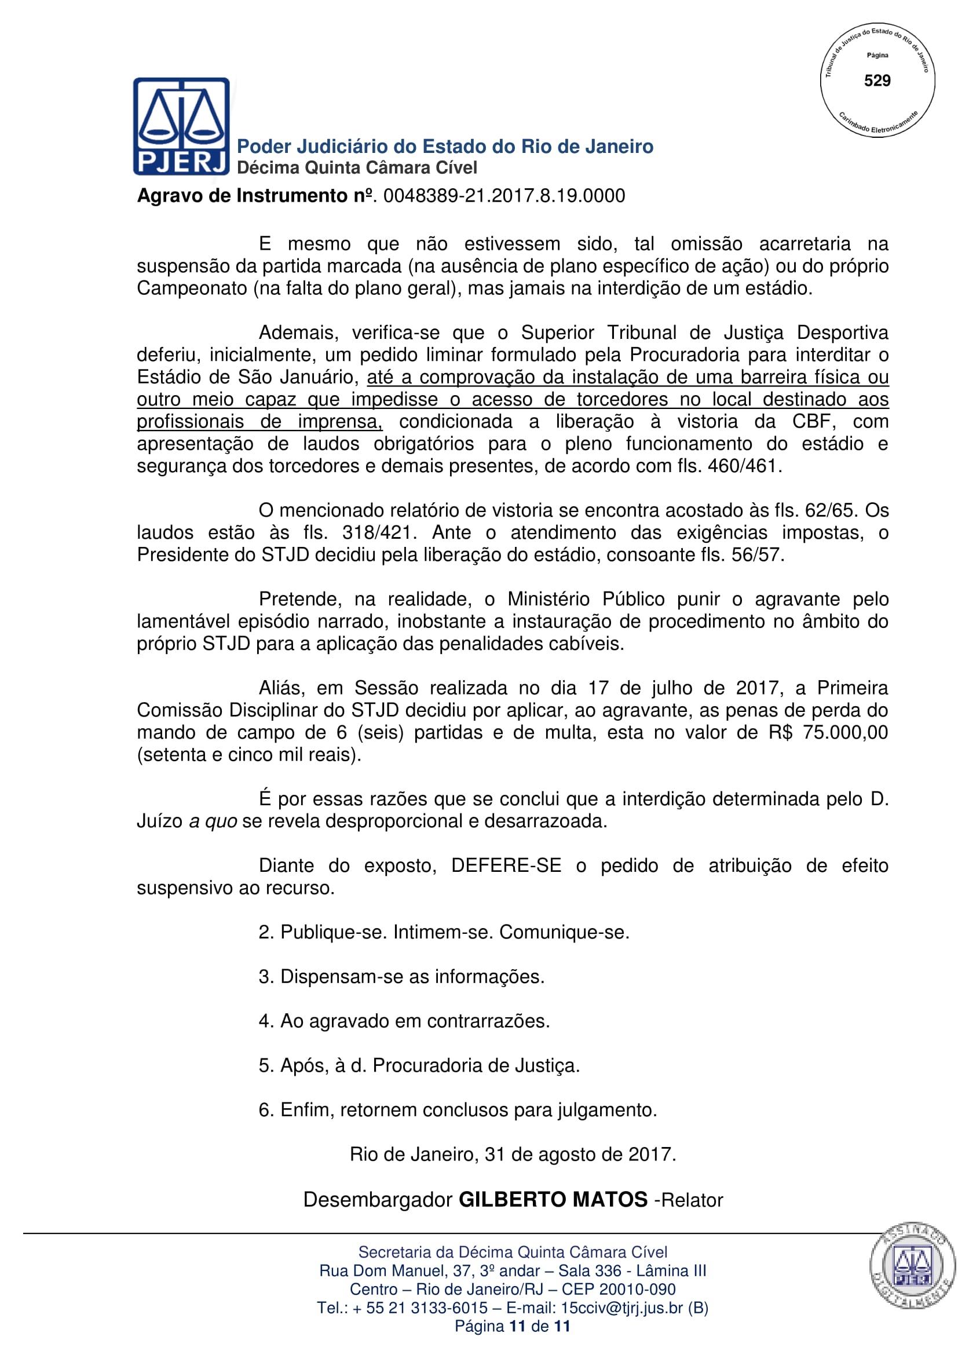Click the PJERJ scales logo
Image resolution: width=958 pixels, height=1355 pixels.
181,126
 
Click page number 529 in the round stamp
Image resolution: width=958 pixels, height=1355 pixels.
876,81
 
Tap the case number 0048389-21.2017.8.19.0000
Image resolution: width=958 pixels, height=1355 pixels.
504,196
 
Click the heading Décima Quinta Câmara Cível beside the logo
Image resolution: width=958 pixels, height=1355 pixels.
356,168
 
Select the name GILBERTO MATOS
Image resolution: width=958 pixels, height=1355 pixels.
553,1200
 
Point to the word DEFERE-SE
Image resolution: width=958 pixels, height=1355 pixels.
506,865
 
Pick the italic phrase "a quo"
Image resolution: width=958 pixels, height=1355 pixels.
213,821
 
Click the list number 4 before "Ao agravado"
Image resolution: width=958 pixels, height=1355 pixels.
264,1021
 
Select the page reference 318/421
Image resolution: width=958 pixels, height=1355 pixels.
376,533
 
